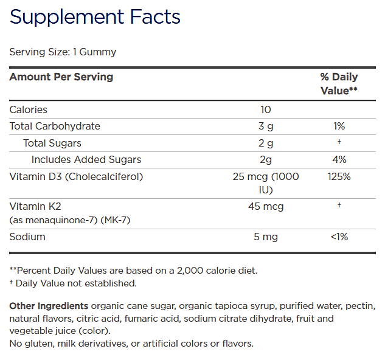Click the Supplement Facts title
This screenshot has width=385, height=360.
coord(95,17)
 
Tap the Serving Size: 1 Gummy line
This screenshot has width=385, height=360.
coord(63,52)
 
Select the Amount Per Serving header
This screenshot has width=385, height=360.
coord(61,77)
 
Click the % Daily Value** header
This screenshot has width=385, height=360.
coord(339,83)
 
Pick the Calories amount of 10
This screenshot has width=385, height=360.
coord(265,110)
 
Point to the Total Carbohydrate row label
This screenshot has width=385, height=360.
coord(55,126)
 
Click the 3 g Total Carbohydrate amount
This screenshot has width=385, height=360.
coord(265,126)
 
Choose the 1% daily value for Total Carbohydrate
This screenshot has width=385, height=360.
coord(339,126)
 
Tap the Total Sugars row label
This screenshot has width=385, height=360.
coord(52,144)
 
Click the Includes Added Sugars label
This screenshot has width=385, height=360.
coord(86,160)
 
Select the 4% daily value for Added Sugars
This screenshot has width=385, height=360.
coord(339,160)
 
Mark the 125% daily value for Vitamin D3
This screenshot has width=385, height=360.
coord(339,177)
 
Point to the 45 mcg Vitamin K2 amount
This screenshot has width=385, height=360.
coord(265,207)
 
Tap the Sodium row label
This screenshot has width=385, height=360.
coord(27,237)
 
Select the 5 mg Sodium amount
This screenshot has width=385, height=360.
coord(265,237)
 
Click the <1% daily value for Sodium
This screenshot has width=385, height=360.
coord(339,237)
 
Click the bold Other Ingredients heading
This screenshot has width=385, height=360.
coord(49,305)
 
